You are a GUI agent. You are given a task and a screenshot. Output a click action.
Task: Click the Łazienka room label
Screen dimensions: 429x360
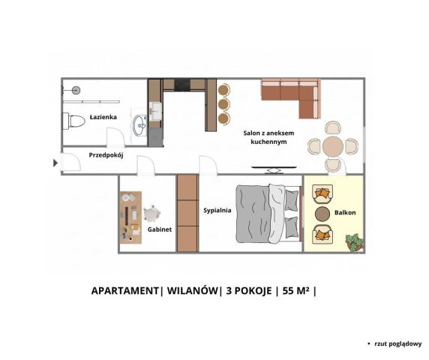pyautogui.click(x=103, y=117)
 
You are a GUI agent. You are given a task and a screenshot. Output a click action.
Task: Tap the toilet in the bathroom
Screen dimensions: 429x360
pyautogui.click(x=73, y=121)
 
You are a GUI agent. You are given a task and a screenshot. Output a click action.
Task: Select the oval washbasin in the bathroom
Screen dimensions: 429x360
pyautogui.click(x=139, y=125)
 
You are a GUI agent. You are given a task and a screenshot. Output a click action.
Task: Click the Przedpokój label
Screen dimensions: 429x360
pyautogui.click(x=106, y=155)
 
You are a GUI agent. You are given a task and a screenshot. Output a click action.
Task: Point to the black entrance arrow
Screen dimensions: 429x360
pyautogui.click(x=55, y=163)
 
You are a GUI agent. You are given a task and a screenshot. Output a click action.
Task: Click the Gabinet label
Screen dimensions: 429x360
pyautogui.click(x=160, y=229)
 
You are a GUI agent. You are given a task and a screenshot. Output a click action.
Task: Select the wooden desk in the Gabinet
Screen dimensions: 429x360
pyautogui.click(x=131, y=217)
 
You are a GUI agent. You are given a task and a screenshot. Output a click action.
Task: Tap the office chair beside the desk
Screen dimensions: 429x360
pyautogui.click(x=151, y=213)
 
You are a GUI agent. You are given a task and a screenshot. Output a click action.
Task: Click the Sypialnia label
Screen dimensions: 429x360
pyautogui.click(x=217, y=210)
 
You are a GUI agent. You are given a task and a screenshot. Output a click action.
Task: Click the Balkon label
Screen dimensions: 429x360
pyautogui.click(x=345, y=212)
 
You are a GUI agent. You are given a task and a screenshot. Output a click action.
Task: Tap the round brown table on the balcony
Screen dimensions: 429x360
pyautogui.click(x=322, y=214)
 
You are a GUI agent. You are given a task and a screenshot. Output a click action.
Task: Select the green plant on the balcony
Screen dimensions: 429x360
pyautogui.click(x=355, y=241)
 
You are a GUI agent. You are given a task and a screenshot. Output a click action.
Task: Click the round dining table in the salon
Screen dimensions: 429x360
pyautogui.click(x=333, y=147)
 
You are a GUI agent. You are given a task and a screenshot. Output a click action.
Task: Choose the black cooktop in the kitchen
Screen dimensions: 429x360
pyautogui.click(x=182, y=84)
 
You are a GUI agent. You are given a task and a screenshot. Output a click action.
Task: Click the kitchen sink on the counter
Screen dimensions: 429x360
pyautogui.click(x=155, y=111)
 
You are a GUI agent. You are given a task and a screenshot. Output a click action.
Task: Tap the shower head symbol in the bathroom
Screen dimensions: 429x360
pyautogui.click(x=76, y=90)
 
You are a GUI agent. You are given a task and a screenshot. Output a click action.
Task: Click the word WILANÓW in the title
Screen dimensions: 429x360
pyautogui.click(x=192, y=290)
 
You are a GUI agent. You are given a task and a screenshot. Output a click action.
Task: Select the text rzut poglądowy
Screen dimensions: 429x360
pyautogui.click(x=398, y=343)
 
